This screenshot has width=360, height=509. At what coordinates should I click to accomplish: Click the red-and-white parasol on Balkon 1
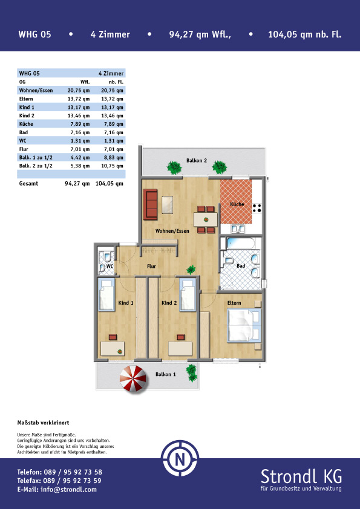133,378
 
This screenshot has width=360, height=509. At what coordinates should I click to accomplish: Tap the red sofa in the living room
150,204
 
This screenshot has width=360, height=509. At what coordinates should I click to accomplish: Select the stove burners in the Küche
257,208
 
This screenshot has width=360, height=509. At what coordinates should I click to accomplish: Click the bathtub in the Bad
240,244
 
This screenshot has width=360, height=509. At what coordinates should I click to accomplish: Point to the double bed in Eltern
244,326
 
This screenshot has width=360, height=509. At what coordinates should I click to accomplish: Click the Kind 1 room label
126,303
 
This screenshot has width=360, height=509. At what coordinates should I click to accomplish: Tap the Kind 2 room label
169,303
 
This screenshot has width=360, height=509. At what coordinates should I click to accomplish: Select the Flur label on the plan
151,266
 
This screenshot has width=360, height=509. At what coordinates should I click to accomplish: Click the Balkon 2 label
196,160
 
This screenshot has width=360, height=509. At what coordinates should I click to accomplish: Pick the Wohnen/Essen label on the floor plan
172,231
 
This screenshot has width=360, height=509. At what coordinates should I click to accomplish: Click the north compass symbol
180,459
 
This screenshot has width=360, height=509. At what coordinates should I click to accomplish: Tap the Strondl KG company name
301,476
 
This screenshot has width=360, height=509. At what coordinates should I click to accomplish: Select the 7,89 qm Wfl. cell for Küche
79,124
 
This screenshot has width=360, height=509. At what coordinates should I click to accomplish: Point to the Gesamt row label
28,183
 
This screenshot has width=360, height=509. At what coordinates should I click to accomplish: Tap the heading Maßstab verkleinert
43,423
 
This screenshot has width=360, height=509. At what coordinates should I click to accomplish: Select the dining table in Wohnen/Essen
206,219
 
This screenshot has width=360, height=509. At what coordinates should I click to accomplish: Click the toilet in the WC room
108,257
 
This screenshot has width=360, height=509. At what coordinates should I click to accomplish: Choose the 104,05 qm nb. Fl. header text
305,34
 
